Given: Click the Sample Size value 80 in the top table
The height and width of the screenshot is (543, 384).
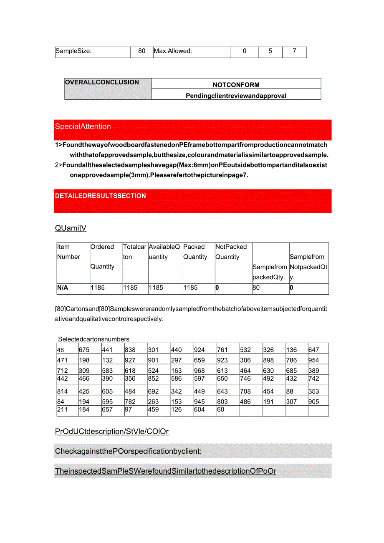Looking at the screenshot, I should (x=142, y=51).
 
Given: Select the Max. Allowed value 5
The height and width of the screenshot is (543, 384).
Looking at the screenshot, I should (x=270, y=51).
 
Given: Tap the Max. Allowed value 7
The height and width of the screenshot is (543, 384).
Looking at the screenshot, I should (x=294, y=51).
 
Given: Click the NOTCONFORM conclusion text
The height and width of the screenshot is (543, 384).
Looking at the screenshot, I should (x=236, y=85).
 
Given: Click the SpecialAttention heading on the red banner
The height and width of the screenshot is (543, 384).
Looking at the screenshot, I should (x=83, y=126).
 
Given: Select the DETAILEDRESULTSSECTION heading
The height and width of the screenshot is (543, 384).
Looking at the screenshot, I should (x=101, y=196).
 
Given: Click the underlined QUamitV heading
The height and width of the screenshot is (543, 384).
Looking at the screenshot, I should (x=71, y=228).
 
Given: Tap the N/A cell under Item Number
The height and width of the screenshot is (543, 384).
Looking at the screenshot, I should (x=63, y=288).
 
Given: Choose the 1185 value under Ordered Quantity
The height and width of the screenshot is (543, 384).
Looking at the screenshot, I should (x=98, y=288).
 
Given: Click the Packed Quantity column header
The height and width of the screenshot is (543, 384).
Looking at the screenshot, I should (x=195, y=252).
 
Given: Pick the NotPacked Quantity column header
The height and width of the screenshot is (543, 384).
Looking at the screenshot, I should (x=231, y=252).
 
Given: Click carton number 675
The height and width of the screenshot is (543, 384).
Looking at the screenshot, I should (x=84, y=350).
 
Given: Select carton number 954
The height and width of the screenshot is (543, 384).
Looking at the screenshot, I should (x=313, y=360).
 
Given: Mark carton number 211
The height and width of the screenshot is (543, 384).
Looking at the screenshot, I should (x=62, y=409).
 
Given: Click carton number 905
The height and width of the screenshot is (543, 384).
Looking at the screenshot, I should (x=313, y=402).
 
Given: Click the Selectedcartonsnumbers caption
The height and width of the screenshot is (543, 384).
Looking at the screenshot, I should (x=93, y=339).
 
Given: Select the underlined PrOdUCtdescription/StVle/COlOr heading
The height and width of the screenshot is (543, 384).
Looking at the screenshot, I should (x=112, y=431).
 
